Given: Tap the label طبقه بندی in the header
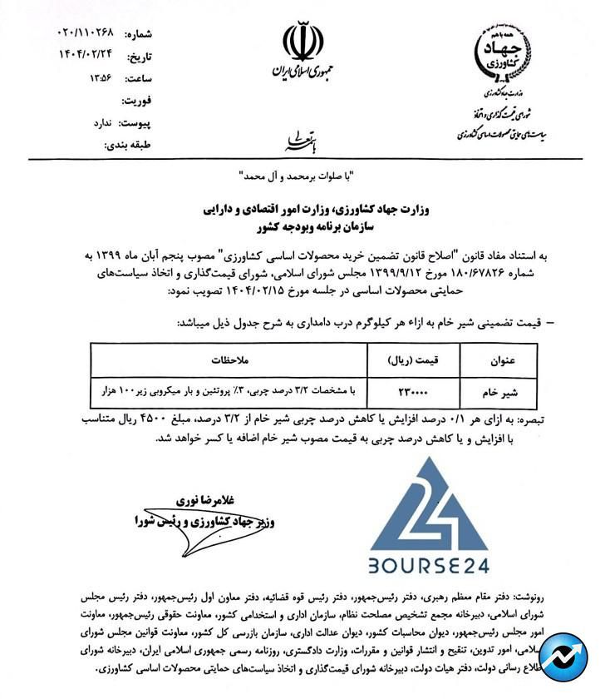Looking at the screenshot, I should (x=127, y=145).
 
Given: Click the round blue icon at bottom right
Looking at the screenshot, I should (x=563, y=657).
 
